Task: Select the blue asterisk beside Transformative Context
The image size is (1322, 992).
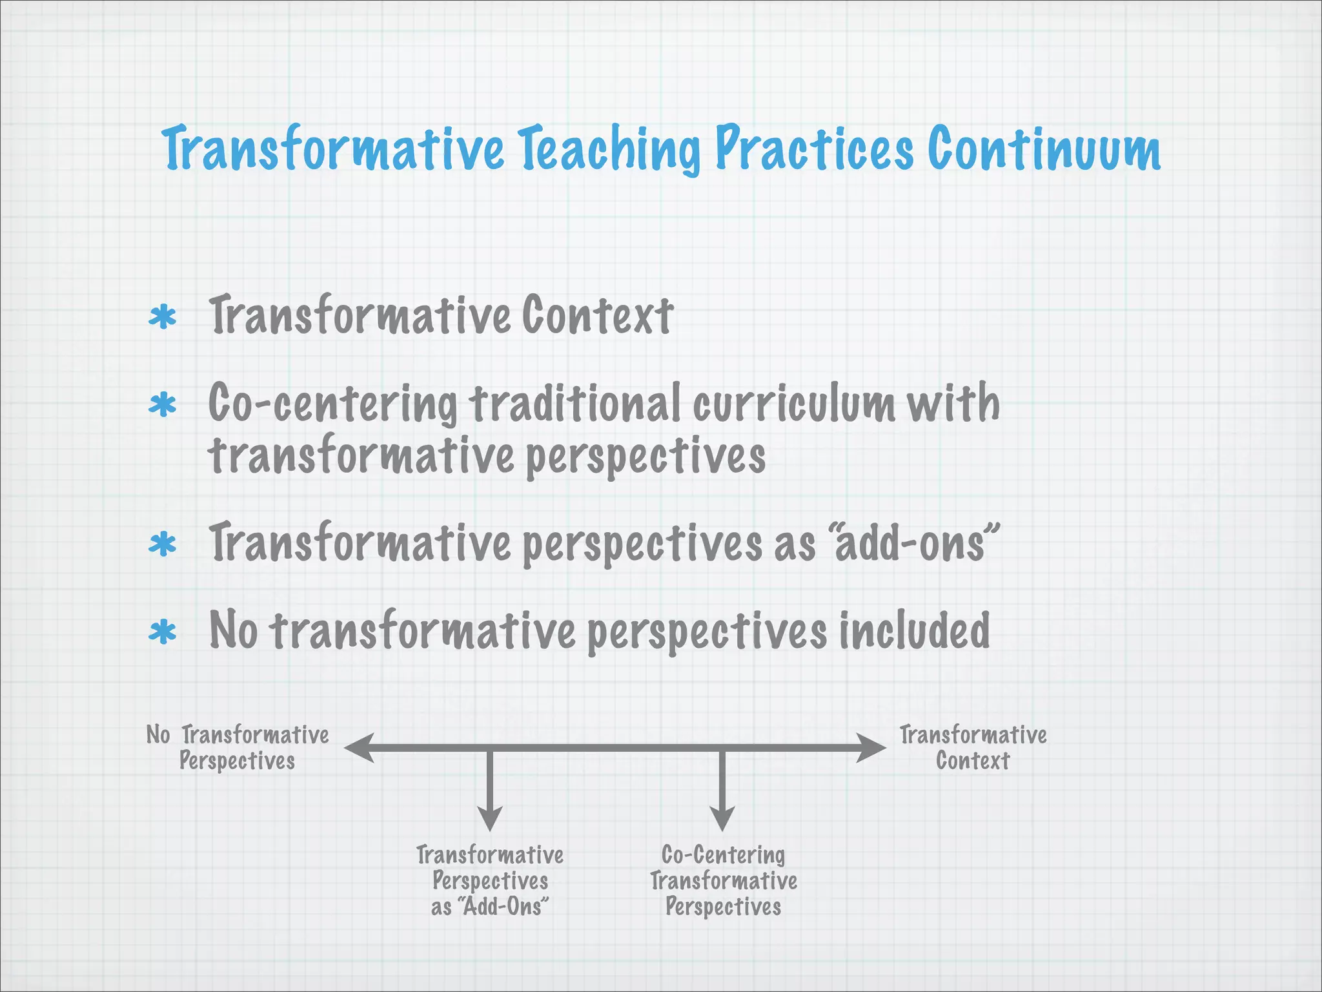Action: point(162,318)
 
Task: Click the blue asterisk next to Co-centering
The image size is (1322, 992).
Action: point(162,406)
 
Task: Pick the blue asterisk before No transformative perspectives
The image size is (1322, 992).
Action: point(162,632)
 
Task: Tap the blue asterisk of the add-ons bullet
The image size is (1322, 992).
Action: point(162,544)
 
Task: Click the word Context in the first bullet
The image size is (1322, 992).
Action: point(597,316)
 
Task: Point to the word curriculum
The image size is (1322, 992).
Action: point(794,404)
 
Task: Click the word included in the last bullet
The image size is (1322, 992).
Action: point(914,631)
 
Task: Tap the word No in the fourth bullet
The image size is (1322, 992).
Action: point(233,631)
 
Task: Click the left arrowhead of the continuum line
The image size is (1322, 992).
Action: point(359,748)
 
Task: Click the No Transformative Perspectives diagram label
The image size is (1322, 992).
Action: point(238,748)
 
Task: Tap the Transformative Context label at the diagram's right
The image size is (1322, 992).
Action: point(973,748)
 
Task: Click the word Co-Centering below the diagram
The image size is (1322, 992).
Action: point(723,855)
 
